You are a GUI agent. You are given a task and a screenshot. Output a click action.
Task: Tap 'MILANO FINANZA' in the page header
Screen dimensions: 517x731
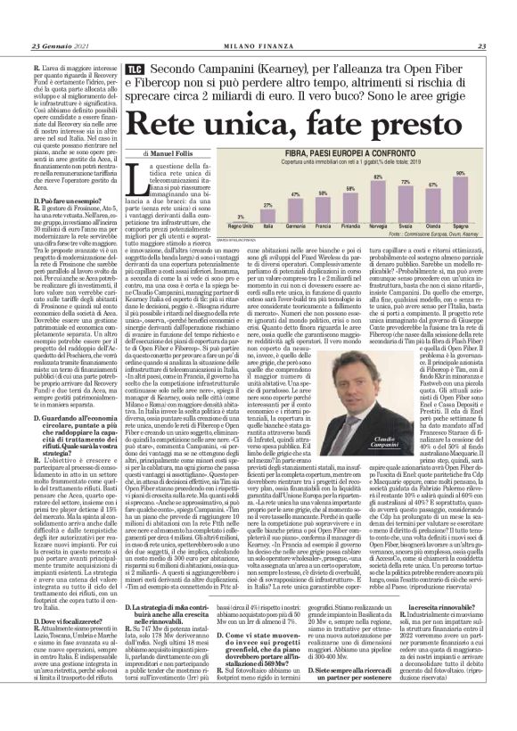258,47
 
